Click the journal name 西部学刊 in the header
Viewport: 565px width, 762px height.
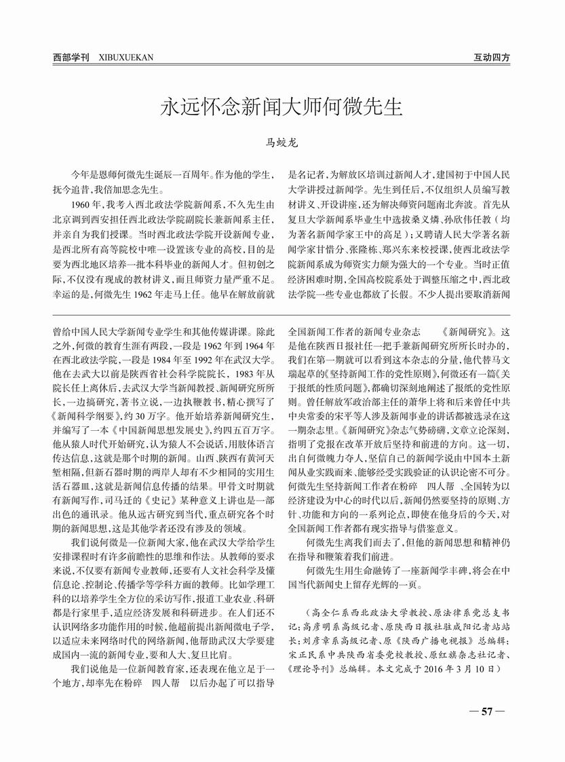pyautogui.click(x=71, y=58)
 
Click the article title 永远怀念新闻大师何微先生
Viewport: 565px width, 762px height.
pyautogui.click(x=281, y=108)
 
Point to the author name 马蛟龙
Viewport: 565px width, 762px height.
pyautogui.click(x=281, y=143)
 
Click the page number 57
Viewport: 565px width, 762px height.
pyautogui.click(x=486, y=711)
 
